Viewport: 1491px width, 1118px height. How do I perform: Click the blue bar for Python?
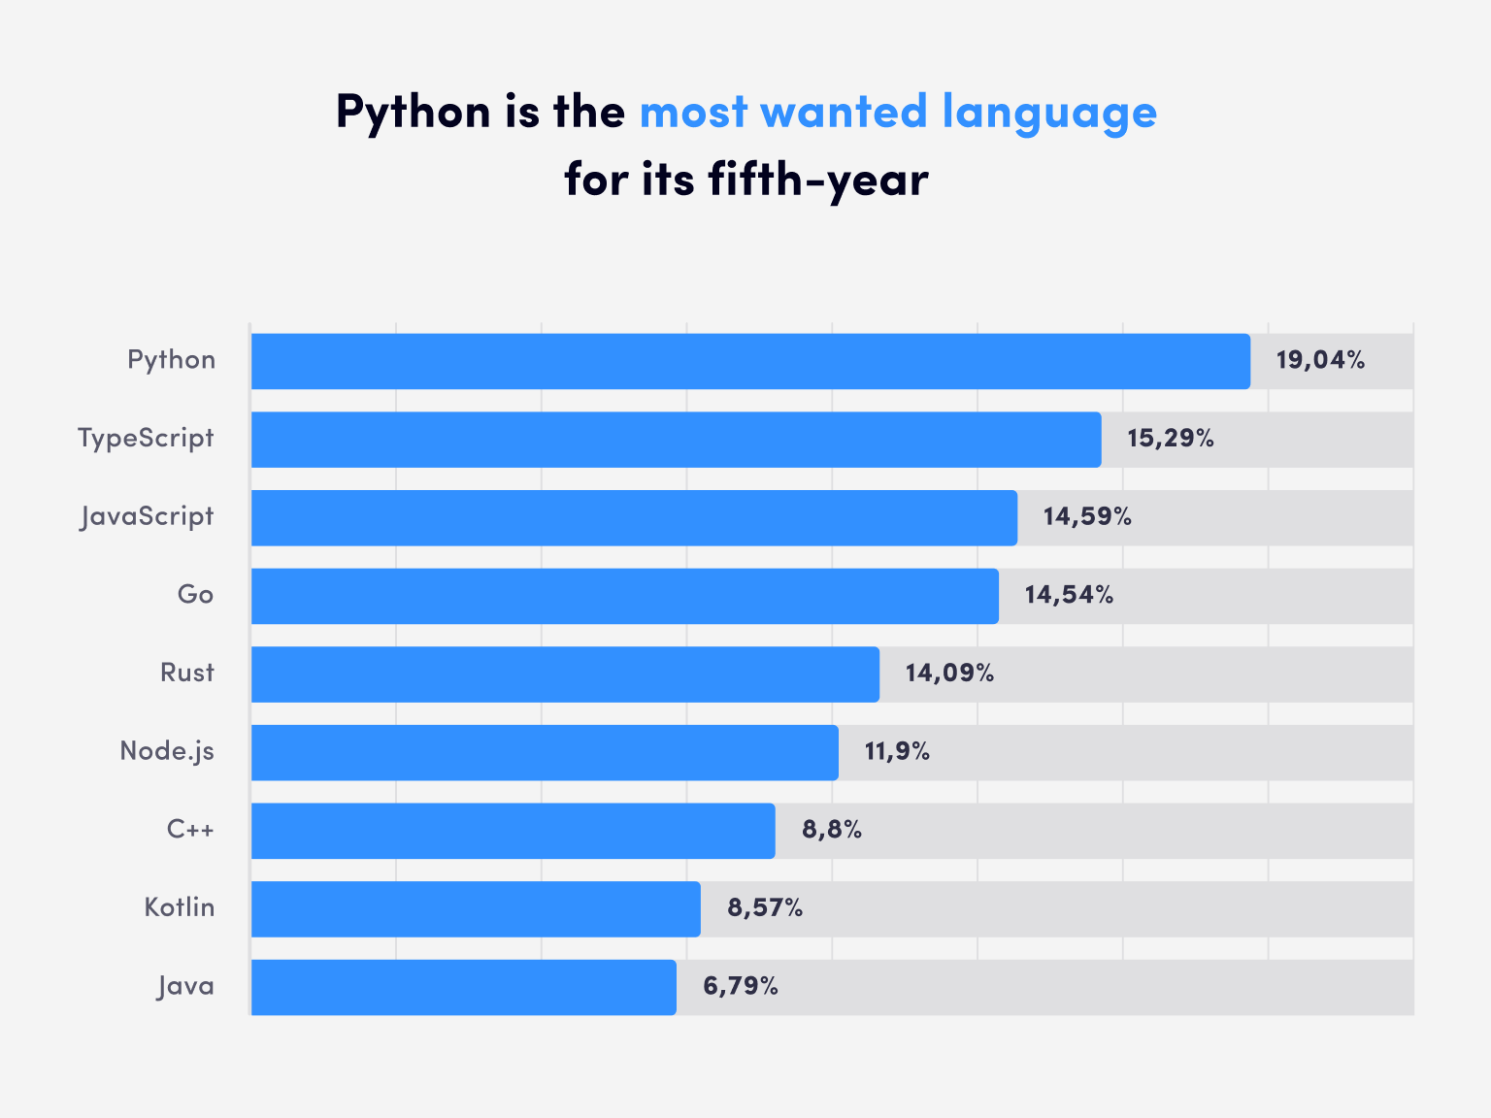tap(750, 361)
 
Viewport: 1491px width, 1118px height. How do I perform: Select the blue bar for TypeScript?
tap(676, 440)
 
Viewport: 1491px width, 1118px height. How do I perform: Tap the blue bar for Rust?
tap(565, 674)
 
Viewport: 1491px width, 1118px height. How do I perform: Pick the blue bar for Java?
tap(463, 987)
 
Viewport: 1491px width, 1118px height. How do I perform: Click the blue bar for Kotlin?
tap(476, 909)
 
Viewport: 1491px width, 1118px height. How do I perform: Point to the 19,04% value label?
tap(1320, 361)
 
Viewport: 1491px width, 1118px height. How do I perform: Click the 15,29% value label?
tap(1171, 440)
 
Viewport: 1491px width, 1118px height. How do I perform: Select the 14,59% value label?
tap(1087, 517)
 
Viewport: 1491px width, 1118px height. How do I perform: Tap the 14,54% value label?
tap(1069, 596)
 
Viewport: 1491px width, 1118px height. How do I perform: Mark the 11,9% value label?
tap(897, 752)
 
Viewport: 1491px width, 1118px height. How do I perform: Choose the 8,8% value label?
tap(832, 831)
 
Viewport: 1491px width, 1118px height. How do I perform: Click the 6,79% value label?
tap(741, 987)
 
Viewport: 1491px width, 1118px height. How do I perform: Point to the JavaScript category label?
tap(147, 517)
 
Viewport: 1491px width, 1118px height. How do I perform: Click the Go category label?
tap(195, 595)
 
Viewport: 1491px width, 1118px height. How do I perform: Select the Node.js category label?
tap(167, 752)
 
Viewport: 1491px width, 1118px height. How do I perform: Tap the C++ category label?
tap(190, 830)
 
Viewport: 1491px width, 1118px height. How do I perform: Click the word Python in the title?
tap(414, 114)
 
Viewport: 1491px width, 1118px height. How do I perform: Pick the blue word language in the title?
tap(1049, 114)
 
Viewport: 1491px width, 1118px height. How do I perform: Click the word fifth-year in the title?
tap(818, 181)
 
